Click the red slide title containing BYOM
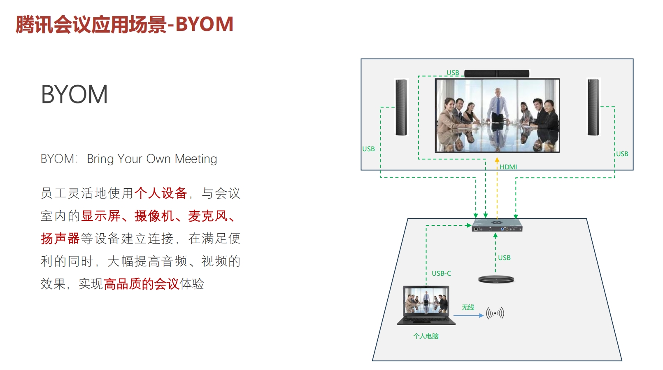124,24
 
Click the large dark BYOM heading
74,94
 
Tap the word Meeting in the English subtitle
195,159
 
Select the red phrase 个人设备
161,193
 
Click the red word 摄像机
154,216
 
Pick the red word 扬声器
60,239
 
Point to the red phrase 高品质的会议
141,284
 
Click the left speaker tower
401,108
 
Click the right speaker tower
593,107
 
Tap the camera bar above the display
497,73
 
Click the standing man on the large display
498,107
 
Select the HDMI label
508,167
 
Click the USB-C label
441,274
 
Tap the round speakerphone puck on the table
496,279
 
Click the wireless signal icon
495,313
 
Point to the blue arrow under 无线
468,316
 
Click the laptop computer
426,305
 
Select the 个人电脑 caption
426,336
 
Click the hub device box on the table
497,225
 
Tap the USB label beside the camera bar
453,73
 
